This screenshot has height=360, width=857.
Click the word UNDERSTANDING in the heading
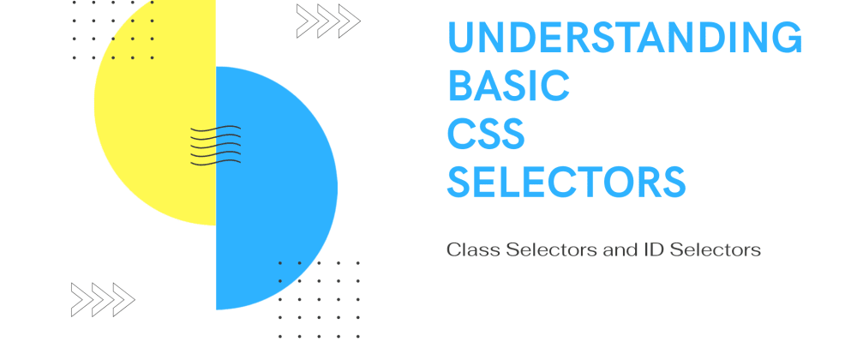point(625,39)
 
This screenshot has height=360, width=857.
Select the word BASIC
point(509,85)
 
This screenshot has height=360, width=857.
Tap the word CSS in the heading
point(487,134)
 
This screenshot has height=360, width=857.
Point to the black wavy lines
point(215,144)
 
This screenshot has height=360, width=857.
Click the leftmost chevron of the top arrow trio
point(307,21)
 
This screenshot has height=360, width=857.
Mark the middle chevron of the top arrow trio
point(328,21)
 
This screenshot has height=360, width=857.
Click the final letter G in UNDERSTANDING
point(785,39)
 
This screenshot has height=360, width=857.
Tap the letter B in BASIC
point(460,85)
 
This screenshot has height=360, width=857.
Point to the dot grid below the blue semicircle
point(319,300)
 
